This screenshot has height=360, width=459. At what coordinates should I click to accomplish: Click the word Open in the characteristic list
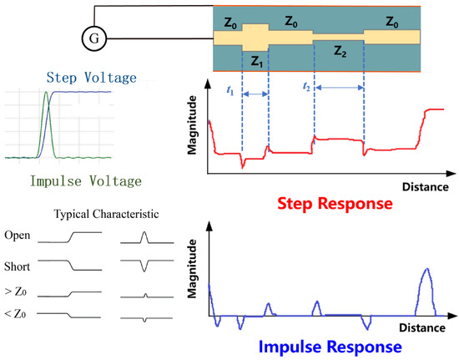(18, 236)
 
